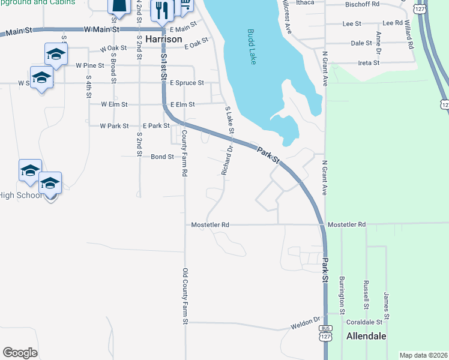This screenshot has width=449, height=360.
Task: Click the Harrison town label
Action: click(x=163, y=38)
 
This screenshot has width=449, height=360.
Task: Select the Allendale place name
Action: click(x=366, y=336)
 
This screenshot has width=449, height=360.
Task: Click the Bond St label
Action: click(x=162, y=157)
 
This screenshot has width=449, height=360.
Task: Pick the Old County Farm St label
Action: click(x=185, y=296)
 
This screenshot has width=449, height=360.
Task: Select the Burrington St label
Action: click(x=342, y=295)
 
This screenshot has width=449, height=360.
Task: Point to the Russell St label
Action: click(x=366, y=294)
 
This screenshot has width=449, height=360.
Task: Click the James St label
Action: click(x=387, y=306)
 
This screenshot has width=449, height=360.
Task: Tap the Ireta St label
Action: click(x=369, y=62)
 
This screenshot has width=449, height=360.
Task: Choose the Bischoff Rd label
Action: click(x=363, y=4)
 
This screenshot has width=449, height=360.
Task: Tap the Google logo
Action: click(x=20, y=352)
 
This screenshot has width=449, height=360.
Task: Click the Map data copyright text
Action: click(x=424, y=355)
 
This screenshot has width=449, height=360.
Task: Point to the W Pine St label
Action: click(x=90, y=65)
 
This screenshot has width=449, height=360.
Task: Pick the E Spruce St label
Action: click(x=187, y=83)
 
